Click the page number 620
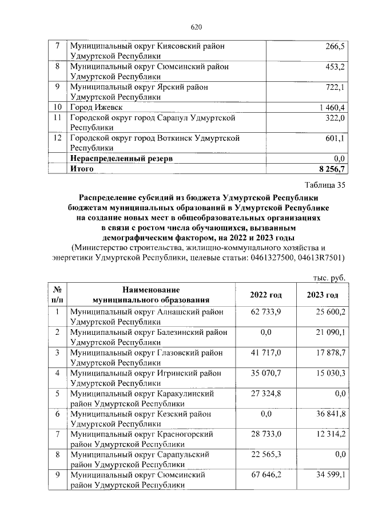coord(196,27)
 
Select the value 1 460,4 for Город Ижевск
coord(329,107)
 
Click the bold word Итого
coord(82,169)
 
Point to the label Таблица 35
coord(325,185)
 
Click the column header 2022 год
coord(266,295)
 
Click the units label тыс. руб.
coord(329,278)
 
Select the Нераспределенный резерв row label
coord(121,158)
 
